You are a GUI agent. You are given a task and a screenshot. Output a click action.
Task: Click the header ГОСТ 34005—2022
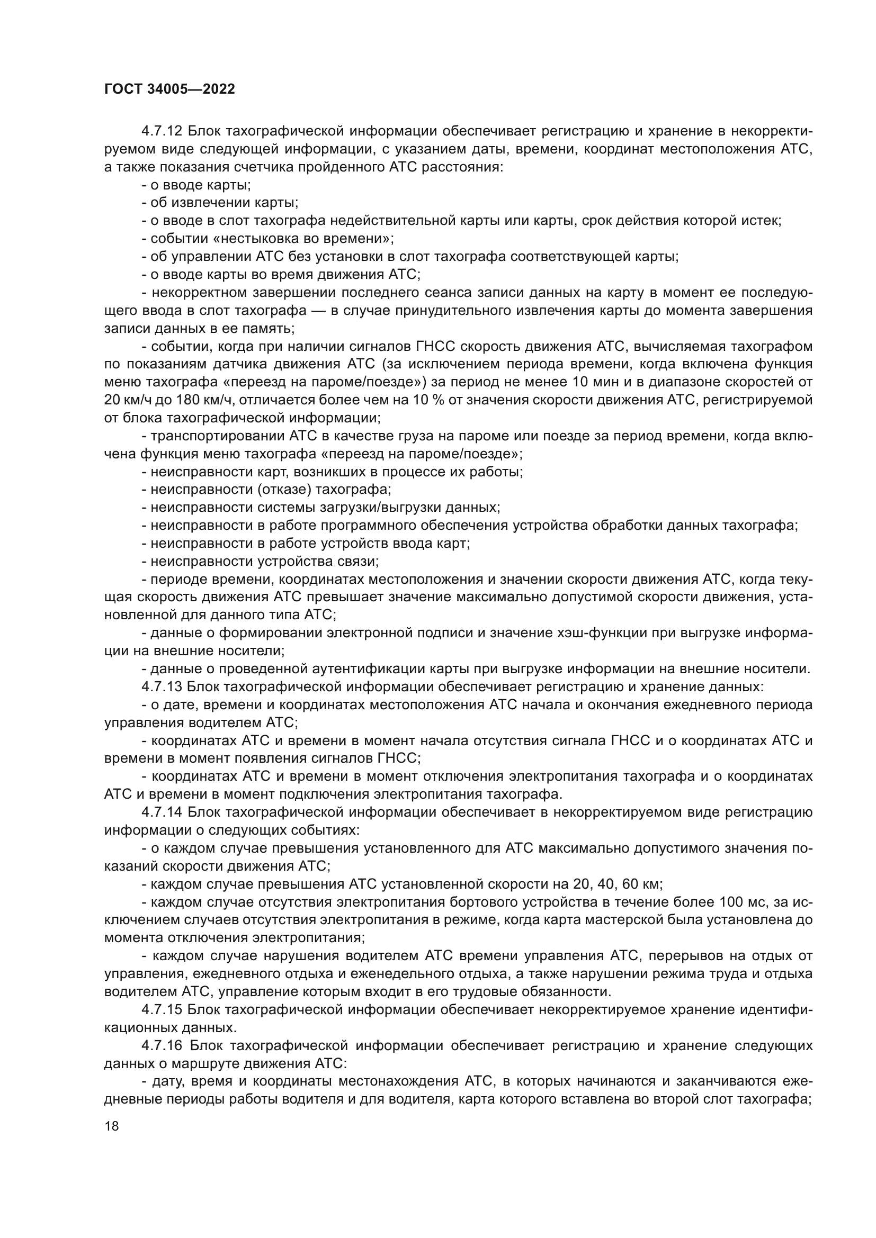coord(169,89)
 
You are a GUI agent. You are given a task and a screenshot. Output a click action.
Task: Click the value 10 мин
coord(587,382)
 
